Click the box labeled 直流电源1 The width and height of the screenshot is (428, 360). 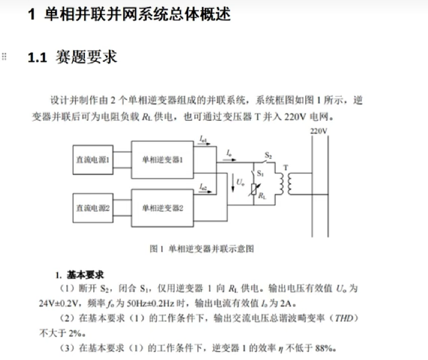(93, 160)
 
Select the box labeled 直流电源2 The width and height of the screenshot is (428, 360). (93, 208)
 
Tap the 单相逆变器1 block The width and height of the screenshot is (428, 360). (162, 160)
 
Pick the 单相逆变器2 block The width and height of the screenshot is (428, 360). (162, 208)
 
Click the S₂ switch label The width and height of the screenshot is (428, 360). (268, 155)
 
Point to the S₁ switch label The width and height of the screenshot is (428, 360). (260, 174)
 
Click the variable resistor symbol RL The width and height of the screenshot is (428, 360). (254, 190)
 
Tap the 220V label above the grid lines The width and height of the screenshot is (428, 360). (319, 131)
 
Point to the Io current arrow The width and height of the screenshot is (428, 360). (229, 159)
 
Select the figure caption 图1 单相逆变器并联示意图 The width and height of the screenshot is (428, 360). (202, 249)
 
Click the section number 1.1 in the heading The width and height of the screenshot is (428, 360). (37, 58)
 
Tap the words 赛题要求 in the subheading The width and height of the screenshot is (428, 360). (86, 57)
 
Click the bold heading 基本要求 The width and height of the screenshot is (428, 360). (85, 275)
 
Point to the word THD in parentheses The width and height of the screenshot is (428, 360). (344, 318)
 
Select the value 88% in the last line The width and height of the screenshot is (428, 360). (324, 348)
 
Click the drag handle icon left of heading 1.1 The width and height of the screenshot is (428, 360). (4, 56)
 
